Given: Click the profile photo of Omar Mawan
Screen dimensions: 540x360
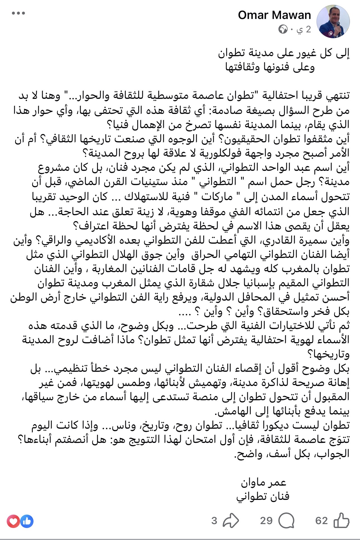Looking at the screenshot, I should [333, 21].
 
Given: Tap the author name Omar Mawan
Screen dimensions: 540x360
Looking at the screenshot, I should [274, 15].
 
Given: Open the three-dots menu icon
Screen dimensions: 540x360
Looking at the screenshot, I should [18, 13].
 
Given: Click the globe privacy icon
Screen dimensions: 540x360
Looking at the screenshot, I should [283, 29].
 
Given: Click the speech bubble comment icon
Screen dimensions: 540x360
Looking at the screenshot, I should [286, 520].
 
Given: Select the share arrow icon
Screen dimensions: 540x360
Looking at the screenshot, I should [231, 520].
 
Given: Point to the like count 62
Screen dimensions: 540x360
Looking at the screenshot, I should [321, 520].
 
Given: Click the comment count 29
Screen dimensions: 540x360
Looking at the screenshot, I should [266, 520].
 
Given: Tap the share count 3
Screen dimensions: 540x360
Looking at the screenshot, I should [214, 520].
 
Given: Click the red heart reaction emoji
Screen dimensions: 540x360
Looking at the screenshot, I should [13, 521].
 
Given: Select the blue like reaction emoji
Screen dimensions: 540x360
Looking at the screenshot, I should [27, 521].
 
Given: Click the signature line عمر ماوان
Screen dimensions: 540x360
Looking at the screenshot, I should [263, 482].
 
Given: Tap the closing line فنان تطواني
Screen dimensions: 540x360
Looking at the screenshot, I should [263, 496].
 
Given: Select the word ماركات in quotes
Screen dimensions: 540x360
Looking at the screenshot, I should [217, 197].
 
